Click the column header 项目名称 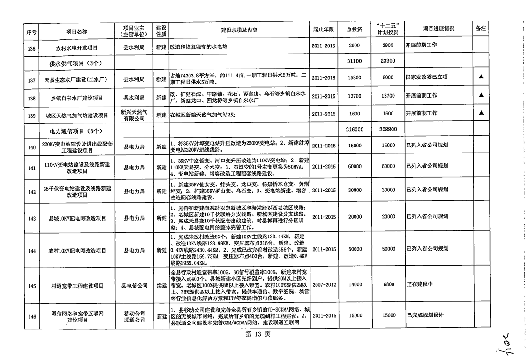coord(76,31)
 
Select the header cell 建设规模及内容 coord(239,30)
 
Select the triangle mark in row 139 coord(481,113)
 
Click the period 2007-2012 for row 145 coord(324,284)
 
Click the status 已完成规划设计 coord(424,315)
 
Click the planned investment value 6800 coord(388,284)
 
